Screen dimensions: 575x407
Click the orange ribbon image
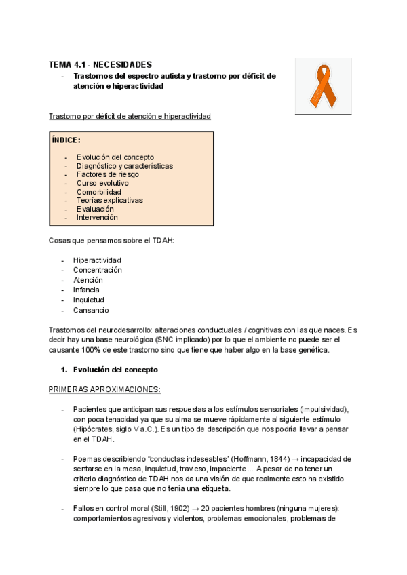click(323, 85)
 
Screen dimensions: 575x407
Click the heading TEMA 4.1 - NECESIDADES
click(100, 64)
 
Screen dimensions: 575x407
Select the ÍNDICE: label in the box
click(66, 140)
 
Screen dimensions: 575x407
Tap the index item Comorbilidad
click(99, 192)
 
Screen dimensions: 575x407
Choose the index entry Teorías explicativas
click(109, 201)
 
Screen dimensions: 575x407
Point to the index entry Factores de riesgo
click(107, 174)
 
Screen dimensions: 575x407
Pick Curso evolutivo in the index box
click(102, 183)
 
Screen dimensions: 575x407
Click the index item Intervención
click(97, 218)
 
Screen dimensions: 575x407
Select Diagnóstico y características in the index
click(124, 166)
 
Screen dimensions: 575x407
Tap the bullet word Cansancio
click(91, 311)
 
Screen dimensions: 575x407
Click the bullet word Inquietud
click(89, 300)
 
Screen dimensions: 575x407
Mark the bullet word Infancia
click(86, 290)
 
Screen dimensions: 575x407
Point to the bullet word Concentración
click(98, 270)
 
